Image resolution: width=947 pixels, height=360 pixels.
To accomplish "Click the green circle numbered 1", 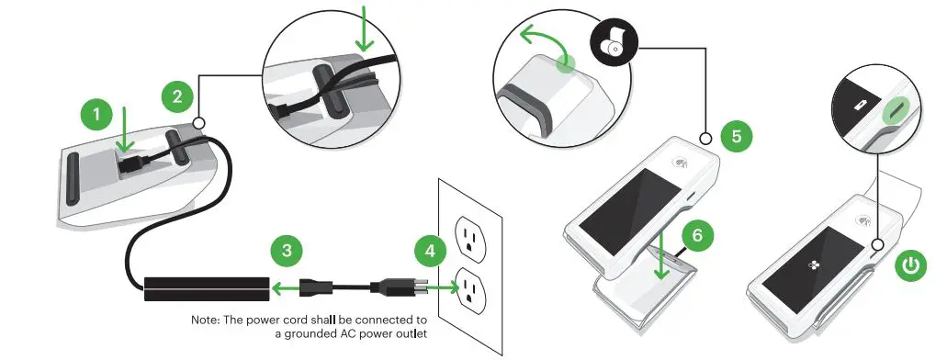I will pyautogui.click(x=96, y=116).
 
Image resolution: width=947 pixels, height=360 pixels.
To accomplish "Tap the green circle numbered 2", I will pyautogui.click(x=176, y=96).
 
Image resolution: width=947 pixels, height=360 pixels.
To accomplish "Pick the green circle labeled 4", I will pyautogui.click(x=430, y=251).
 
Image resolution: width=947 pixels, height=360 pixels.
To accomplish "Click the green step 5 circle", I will pyautogui.click(x=735, y=137).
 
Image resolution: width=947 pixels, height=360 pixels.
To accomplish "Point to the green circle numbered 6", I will pyautogui.click(x=697, y=234).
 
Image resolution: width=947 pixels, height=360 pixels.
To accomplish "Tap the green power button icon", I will pyautogui.click(x=909, y=266).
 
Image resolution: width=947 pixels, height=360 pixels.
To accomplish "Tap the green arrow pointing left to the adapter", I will pyautogui.click(x=285, y=287).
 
